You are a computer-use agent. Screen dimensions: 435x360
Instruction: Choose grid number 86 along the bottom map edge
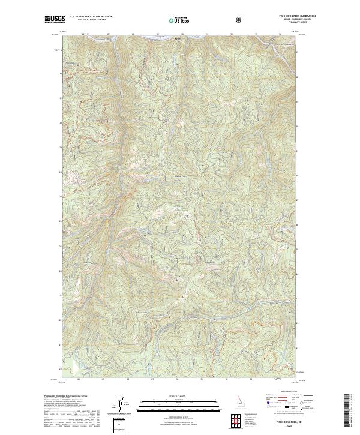pos(78,379)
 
